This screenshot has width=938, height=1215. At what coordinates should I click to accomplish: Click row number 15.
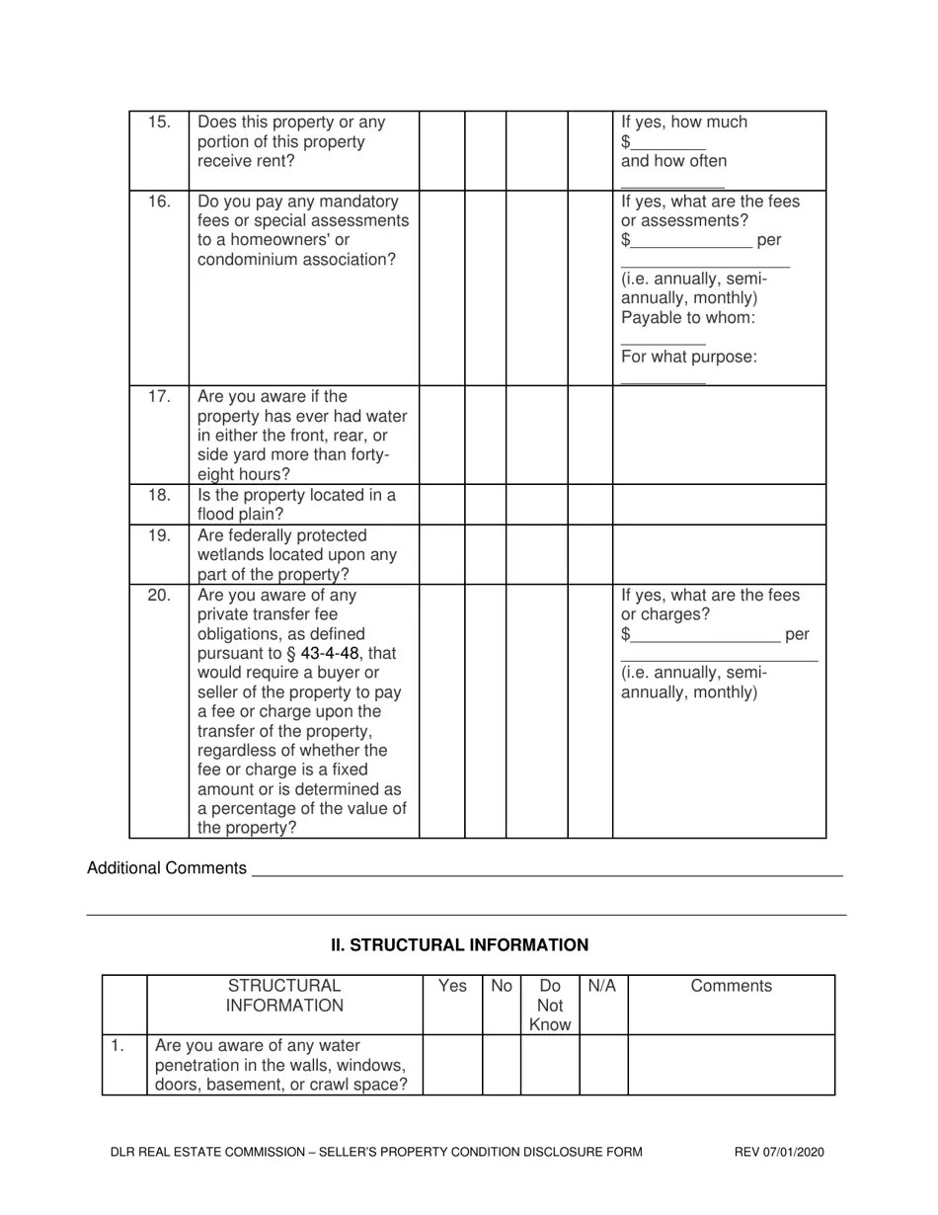tap(159, 122)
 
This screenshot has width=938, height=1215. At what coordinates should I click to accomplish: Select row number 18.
tap(159, 495)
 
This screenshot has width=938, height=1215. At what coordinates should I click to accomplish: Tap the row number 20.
tap(159, 596)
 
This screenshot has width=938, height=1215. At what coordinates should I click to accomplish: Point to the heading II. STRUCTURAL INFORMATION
tap(459, 945)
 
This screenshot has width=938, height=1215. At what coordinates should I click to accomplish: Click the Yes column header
tap(452, 986)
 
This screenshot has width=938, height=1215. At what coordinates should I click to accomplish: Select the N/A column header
tap(602, 986)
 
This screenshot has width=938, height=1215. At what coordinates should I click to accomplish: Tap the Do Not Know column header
tap(550, 1005)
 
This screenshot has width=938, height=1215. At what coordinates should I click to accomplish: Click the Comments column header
tap(731, 986)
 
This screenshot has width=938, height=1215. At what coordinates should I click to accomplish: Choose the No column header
tap(502, 986)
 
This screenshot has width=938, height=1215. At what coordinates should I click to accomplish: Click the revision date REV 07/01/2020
tap(779, 1152)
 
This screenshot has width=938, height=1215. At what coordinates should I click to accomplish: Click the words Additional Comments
tap(167, 868)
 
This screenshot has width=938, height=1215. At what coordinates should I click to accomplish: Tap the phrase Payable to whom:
tap(688, 318)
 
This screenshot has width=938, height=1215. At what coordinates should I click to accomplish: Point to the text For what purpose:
tap(689, 357)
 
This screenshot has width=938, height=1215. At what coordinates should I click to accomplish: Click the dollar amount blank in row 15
tap(668, 143)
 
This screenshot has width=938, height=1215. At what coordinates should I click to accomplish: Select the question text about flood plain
tap(296, 505)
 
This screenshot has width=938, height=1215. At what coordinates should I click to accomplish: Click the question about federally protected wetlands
tap(296, 555)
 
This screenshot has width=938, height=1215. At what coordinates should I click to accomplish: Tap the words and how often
tap(673, 161)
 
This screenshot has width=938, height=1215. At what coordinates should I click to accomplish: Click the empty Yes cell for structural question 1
tap(452, 1065)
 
